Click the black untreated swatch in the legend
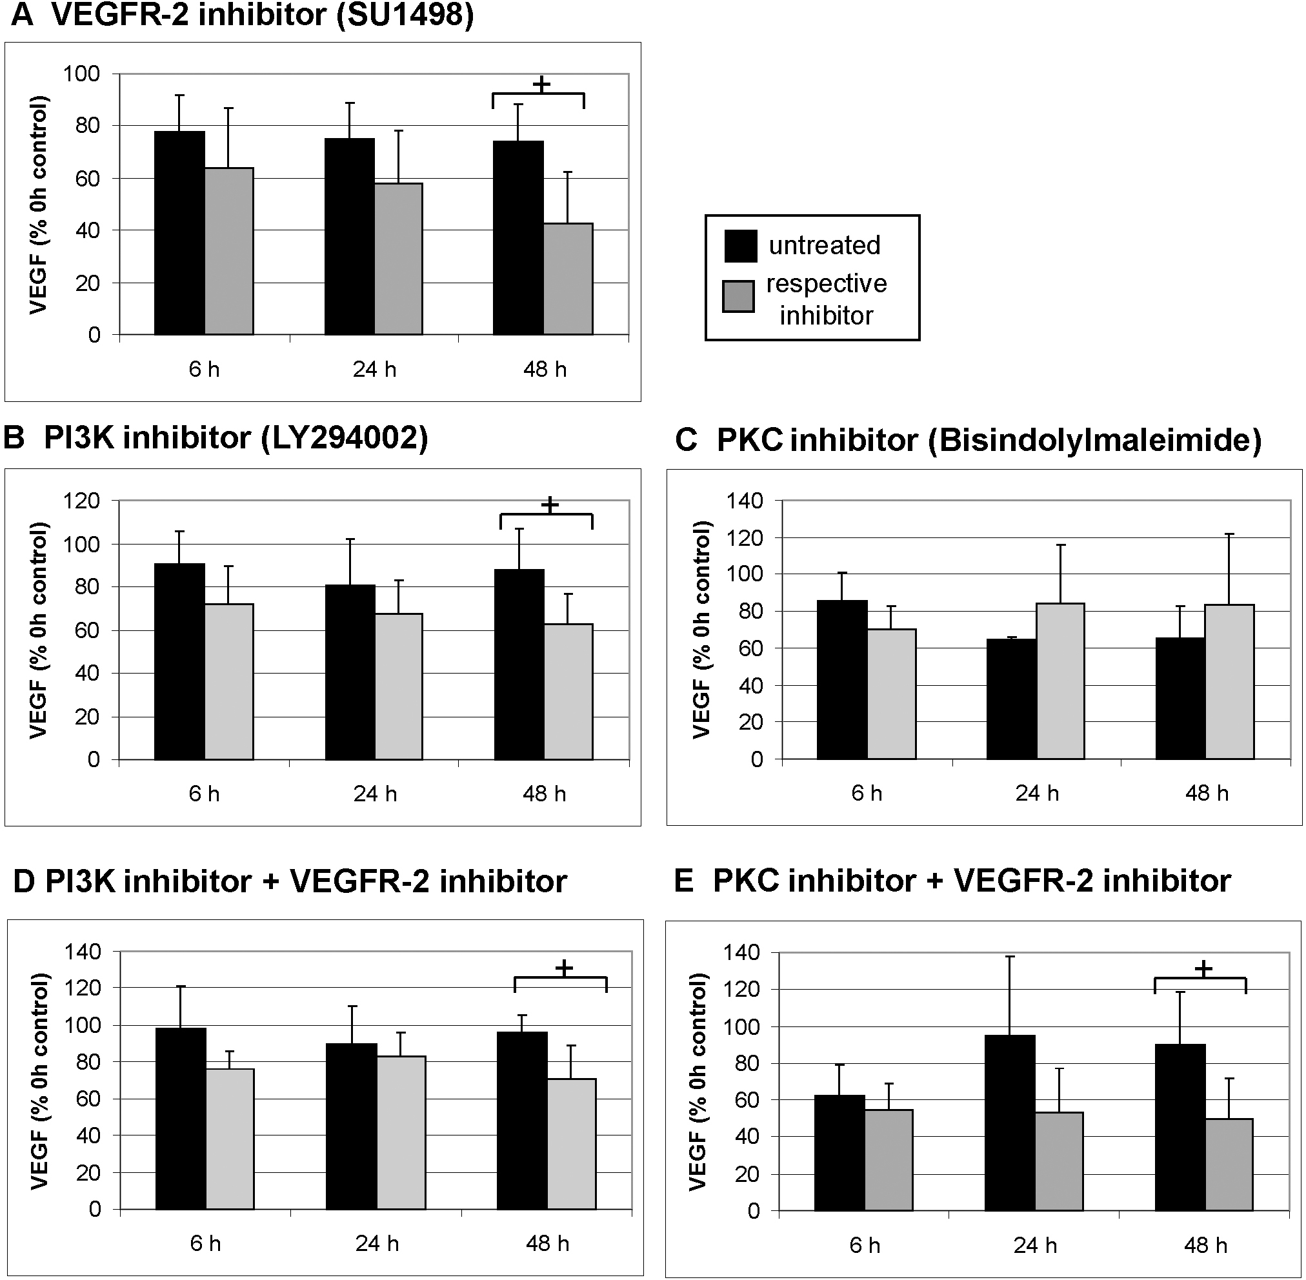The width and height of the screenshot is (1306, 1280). click(x=740, y=245)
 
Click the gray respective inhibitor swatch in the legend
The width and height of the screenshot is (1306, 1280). click(x=738, y=297)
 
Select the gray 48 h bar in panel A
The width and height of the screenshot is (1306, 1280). click(x=568, y=279)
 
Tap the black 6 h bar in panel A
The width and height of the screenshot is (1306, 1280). click(x=179, y=233)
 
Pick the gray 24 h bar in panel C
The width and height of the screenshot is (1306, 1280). click(x=1061, y=681)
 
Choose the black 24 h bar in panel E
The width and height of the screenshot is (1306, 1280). click(x=1010, y=1123)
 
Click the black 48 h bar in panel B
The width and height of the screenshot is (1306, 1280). click(x=519, y=665)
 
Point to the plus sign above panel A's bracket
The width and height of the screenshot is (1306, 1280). click(x=541, y=85)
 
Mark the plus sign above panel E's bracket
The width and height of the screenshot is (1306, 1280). click(x=1203, y=969)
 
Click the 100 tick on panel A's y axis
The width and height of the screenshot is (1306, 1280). click(x=81, y=74)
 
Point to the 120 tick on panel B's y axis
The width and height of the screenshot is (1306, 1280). click(x=81, y=501)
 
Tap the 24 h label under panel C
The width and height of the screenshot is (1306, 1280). click(x=1037, y=794)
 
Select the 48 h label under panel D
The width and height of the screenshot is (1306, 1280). click(x=547, y=1244)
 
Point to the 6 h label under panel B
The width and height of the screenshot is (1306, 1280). click(x=204, y=794)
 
